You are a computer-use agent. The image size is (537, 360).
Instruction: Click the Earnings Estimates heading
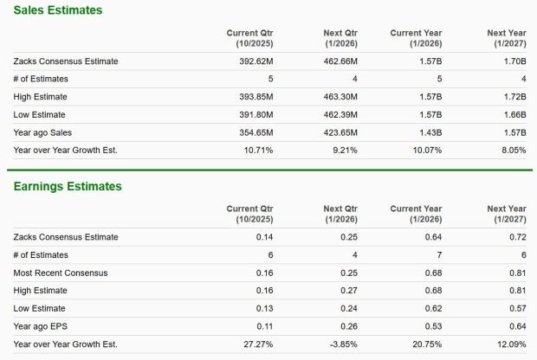65,186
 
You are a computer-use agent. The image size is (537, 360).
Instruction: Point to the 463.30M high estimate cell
340,97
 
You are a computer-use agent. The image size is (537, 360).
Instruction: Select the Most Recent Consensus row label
61,273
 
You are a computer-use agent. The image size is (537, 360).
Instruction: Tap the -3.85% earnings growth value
342,344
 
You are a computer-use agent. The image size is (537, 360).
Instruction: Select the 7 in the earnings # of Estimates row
439,255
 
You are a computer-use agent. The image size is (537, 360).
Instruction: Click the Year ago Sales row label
42,132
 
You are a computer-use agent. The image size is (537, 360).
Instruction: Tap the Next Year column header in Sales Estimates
507,38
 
